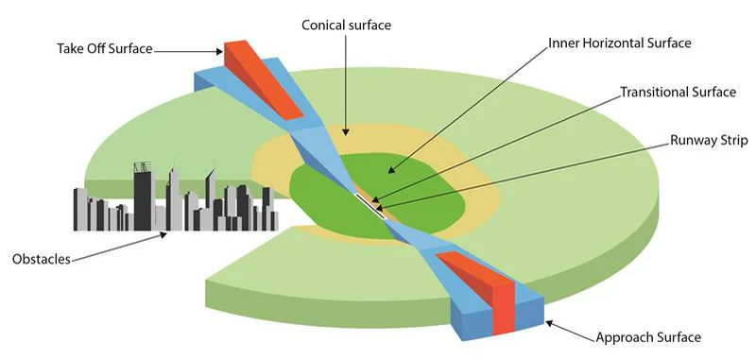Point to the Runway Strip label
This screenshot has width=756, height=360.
tap(709, 140)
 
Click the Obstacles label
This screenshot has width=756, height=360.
tap(42, 259)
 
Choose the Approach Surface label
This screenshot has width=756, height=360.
tap(649, 336)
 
